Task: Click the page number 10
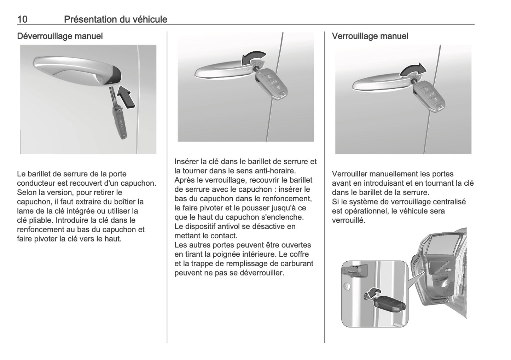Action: pos(22,19)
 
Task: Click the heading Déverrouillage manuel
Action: pos(60,36)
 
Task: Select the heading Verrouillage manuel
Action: pos(370,36)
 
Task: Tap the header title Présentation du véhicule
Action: pos(115,19)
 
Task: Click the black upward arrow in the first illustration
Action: pos(126,96)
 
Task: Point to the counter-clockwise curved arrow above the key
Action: pos(252,57)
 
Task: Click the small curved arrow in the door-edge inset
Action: pos(372,293)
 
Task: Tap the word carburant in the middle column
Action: pos(296,263)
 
